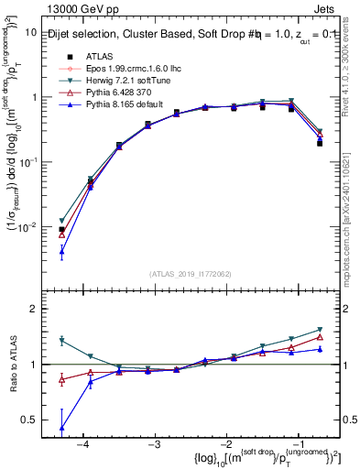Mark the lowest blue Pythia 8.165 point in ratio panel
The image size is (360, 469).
click(x=61, y=428)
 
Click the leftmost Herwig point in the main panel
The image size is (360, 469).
click(x=61, y=221)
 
